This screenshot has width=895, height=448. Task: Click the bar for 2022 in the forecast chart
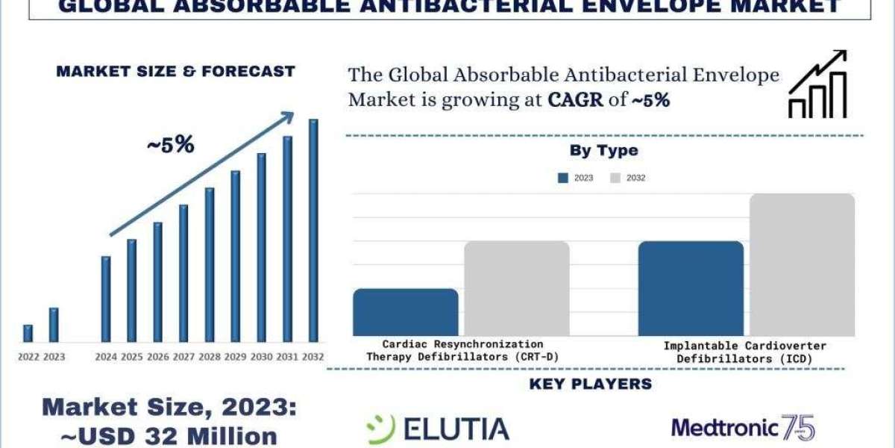pos(28,334)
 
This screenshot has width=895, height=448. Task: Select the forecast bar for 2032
pos(313,231)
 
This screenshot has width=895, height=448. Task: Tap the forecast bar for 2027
pos(183,273)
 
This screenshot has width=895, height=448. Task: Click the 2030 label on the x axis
pos(261,357)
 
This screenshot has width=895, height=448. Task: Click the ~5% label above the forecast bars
pos(170,145)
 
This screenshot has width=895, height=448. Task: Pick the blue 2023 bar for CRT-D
pos(405,312)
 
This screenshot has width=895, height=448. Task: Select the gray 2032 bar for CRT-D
pos(516,288)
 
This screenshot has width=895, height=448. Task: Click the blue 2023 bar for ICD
pos(691,288)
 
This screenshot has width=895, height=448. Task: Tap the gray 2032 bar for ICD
pos(802,264)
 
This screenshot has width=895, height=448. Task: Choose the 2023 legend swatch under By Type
pos(563,178)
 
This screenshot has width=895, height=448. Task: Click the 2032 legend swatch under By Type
pos(615,178)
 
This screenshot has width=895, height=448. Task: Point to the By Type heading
pos(603,150)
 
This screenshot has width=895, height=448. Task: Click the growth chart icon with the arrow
pos(817,84)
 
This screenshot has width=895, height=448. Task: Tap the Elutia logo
pos(438,428)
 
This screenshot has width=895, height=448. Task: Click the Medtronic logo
pos(743,428)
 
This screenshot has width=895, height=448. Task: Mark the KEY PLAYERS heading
pos(590,385)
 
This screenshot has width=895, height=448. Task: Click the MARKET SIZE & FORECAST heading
pos(175,72)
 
